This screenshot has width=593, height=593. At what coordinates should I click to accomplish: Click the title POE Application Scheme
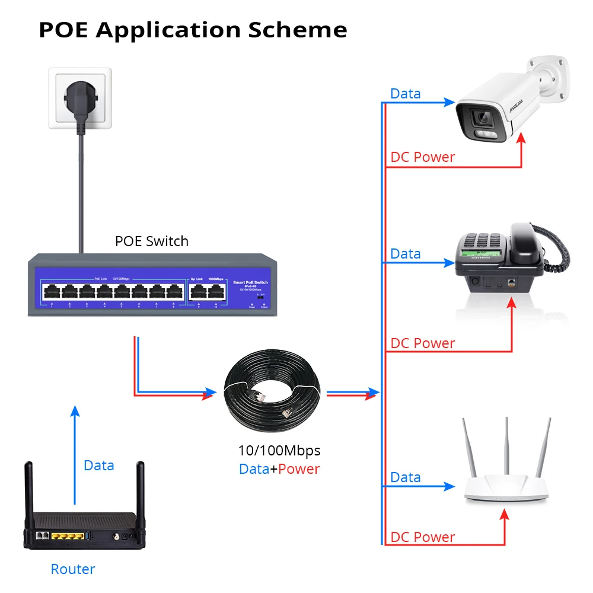(193, 30)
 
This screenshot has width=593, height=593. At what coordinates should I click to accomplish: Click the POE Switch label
(151, 241)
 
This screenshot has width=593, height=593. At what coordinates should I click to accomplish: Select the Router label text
(72, 569)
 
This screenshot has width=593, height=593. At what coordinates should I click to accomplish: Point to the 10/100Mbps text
(279, 450)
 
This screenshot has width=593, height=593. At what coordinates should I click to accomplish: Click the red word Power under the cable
(299, 469)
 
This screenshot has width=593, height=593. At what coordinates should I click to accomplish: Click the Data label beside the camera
(405, 94)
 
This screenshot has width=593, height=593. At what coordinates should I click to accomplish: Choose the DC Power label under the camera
(422, 157)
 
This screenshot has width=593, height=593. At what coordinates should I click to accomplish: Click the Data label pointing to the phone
(405, 254)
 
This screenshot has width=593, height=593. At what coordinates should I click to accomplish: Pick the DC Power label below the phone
(422, 343)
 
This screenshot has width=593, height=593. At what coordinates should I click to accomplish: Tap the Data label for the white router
(405, 477)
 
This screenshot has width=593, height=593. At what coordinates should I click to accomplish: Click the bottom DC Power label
(422, 537)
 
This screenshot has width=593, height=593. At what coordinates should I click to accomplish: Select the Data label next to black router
(98, 466)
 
